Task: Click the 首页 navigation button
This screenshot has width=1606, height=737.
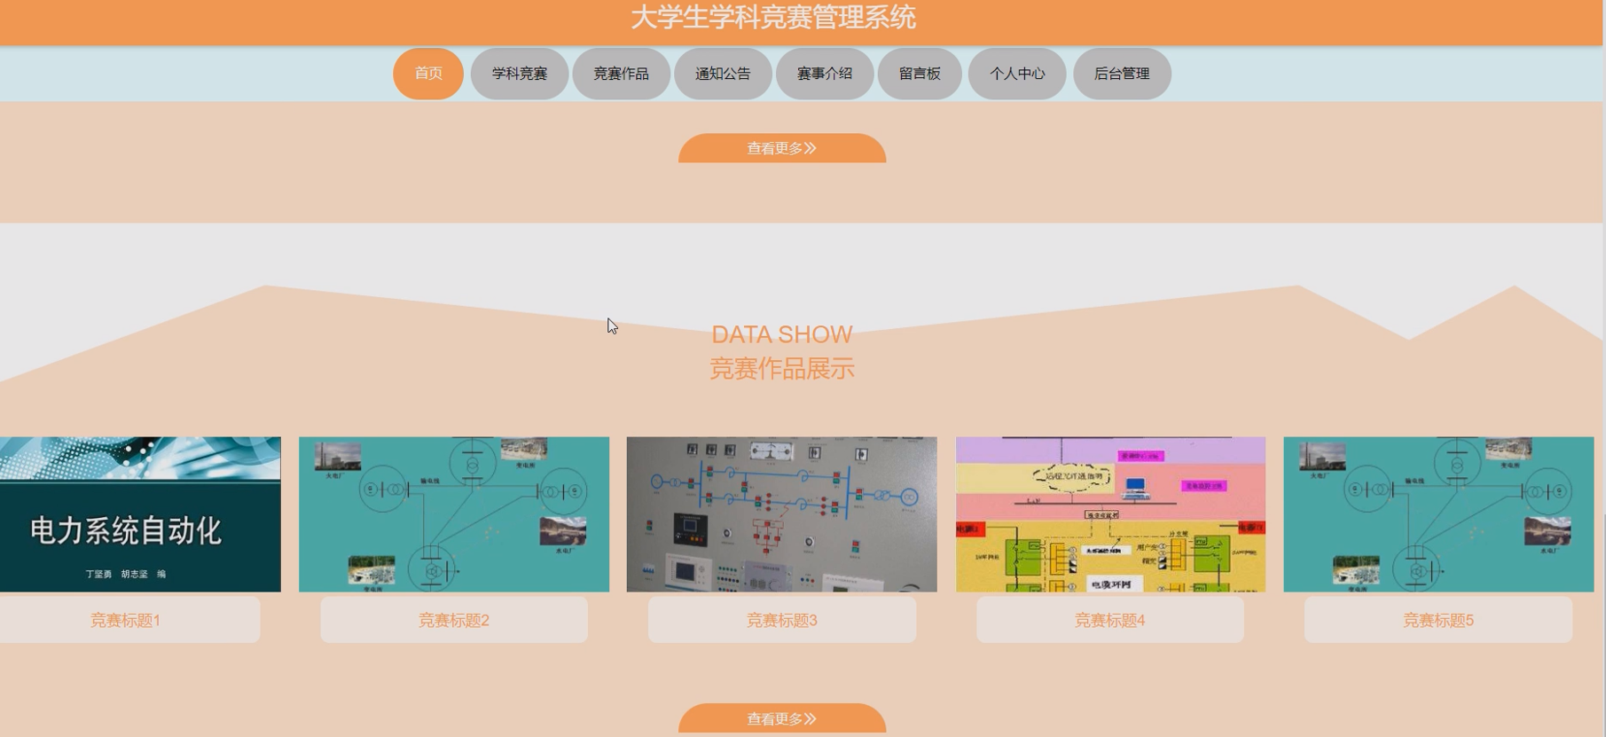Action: coord(428,74)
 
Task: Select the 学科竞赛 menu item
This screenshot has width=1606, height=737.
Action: coord(520,74)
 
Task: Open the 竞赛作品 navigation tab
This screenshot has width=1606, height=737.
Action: coord(621,74)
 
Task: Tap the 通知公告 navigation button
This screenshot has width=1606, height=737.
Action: coord(723,74)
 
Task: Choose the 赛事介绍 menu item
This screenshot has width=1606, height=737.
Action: coord(825,74)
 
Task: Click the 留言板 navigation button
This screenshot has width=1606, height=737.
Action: coord(920,74)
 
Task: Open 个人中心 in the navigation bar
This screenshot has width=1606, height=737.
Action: coord(1017,74)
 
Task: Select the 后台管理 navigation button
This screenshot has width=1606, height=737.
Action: coord(1122,74)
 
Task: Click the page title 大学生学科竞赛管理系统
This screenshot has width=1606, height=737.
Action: coord(773,18)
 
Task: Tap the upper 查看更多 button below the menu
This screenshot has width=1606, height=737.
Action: coord(782,148)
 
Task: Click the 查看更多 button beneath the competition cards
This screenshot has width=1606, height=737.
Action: coord(782,718)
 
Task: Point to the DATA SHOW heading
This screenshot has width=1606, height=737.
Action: coord(781,334)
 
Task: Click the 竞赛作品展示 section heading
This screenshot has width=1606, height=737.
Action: coord(781,368)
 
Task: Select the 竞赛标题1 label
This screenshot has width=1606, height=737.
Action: coord(125,620)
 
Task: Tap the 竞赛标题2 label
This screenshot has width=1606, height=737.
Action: coord(454,620)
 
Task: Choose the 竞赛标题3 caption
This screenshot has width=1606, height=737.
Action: coord(782,620)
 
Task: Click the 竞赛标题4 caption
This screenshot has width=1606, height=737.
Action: coord(1110,620)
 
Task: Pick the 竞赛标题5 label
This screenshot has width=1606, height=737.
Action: coord(1438,620)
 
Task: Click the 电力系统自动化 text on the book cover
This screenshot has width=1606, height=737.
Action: coord(126,530)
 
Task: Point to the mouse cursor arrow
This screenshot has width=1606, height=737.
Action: coord(612,325)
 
